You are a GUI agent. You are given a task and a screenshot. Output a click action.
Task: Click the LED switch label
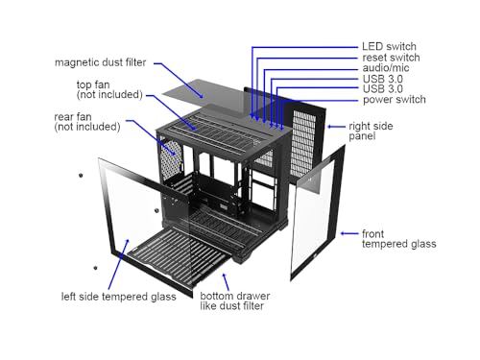(389, 47)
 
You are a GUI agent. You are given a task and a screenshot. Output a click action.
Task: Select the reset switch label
(391, 58)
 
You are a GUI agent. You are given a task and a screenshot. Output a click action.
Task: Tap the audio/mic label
(386, 68)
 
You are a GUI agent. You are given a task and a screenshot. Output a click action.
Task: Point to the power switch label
(395, 100)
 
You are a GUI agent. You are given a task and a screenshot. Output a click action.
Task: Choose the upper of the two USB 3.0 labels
(383, 79)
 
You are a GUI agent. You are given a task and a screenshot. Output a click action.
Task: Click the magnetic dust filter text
(101, 62)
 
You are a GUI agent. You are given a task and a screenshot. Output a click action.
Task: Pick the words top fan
(93, 84)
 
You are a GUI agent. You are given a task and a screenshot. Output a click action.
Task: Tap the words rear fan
(73, 117)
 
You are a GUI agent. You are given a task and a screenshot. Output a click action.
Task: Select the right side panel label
(371, 131)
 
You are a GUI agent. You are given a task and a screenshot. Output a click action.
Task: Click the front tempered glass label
(398, 239)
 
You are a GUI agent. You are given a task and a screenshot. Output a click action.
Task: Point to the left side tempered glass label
(118, 297)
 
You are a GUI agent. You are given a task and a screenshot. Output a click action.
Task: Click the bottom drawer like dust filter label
(235, 300)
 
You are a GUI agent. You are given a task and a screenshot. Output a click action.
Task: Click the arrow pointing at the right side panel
(336, 127)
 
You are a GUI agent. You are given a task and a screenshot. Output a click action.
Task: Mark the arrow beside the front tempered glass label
(349, 233)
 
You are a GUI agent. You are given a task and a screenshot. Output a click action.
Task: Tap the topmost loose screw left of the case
(81, 175)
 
